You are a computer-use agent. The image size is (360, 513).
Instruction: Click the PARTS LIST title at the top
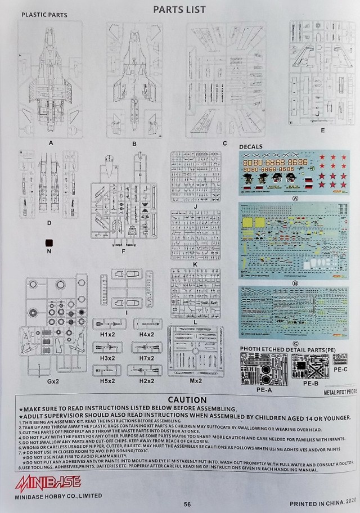(x=179, y=9)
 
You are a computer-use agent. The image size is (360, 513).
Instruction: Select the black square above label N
(x=49, y=242)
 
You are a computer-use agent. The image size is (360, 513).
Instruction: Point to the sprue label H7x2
(x=147, y=358)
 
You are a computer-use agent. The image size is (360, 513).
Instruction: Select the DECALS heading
(x=251, y=147)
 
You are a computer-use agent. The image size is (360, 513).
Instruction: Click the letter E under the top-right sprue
(x=322, y=130)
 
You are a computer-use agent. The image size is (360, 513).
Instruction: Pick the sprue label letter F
(x=123, y=252)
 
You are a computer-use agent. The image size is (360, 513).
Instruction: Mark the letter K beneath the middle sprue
(x=195, y=263)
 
